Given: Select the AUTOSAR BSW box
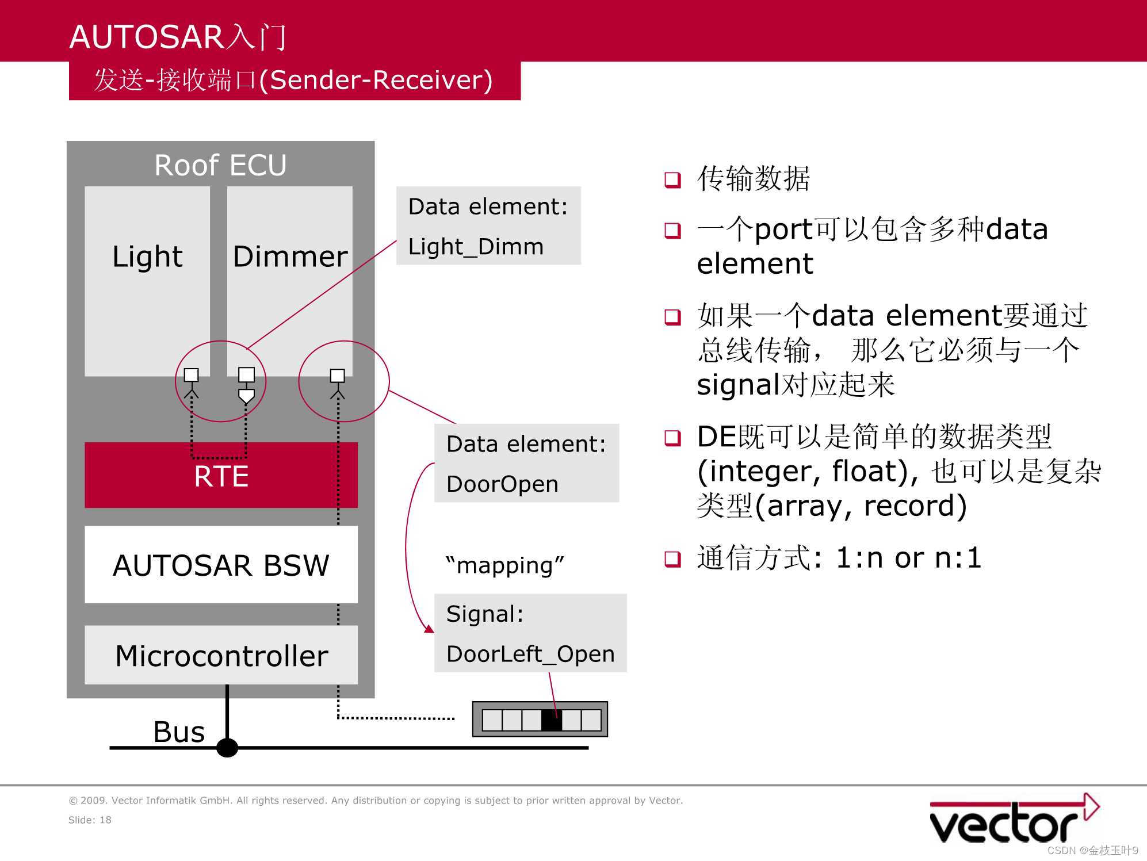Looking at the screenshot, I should tap(221, 565).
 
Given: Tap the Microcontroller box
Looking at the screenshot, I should tap(221, 656).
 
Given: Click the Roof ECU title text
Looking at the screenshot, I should tap(220, 165).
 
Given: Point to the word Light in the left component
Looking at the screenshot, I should tap(147, 257).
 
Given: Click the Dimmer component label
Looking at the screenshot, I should tap(290, 257).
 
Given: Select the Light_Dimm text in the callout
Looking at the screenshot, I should tap(476, 247).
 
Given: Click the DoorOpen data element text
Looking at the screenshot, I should tap(502, 484).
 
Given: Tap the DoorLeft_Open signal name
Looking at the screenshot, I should tap(530, 654).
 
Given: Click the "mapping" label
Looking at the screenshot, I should tap(504, 565).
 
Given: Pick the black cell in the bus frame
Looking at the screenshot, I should tap(551, 720).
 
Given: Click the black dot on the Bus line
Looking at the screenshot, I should tap(227, 748).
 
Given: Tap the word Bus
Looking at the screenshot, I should tap(179, 732).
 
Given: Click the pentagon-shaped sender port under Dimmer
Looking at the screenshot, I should tap(246, 396).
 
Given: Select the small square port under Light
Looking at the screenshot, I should tap(191, 375).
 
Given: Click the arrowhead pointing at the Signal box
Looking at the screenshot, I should tap(429, 629).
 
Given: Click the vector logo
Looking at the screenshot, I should tap(1012, 820).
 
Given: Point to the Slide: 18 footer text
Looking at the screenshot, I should tap(90, 820).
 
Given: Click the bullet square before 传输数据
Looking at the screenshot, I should tap(672, 180).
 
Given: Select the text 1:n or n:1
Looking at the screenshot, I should tap(908, 558).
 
